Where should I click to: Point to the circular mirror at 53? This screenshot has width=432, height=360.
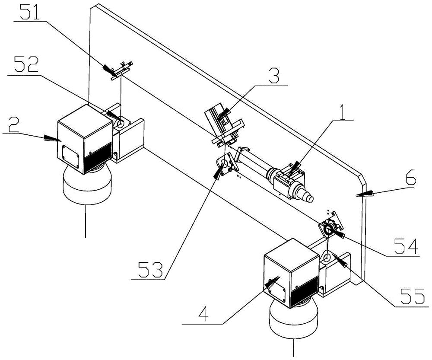point(224,163)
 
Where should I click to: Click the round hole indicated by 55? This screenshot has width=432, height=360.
point(326,258)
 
